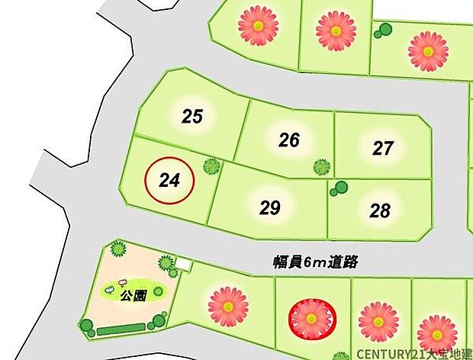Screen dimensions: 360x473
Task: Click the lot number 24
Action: pyautogui.click(x=169, y=181)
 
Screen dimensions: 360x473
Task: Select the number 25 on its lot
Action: pyautogui.click(x=192, y=117)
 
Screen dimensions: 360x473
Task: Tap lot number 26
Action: pyautogui.click(x=289, y=140)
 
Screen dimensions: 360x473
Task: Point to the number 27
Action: pyautogui.click(x=383, y=148)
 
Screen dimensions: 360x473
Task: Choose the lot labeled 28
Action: pyautogui.click(x=380, y=211)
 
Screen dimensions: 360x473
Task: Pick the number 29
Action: pyautogui.click(x=270, y=207)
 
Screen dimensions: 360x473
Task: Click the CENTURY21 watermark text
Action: pyautogui.click(x=413, y=354)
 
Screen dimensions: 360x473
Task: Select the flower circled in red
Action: pyautogui.click(x=311, y=318)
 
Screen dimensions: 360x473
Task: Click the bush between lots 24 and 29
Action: pyautogui.click(x=211, y=166)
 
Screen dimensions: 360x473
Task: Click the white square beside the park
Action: pyautogui.click(x=182, y=265)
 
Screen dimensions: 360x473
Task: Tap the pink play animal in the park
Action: pyautogui.click(x=122, y=281)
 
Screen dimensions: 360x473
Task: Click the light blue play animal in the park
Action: pyautogui.click(x=110, y=289)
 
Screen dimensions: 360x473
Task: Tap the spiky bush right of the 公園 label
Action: pyautogui.click(x=157, y=291)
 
